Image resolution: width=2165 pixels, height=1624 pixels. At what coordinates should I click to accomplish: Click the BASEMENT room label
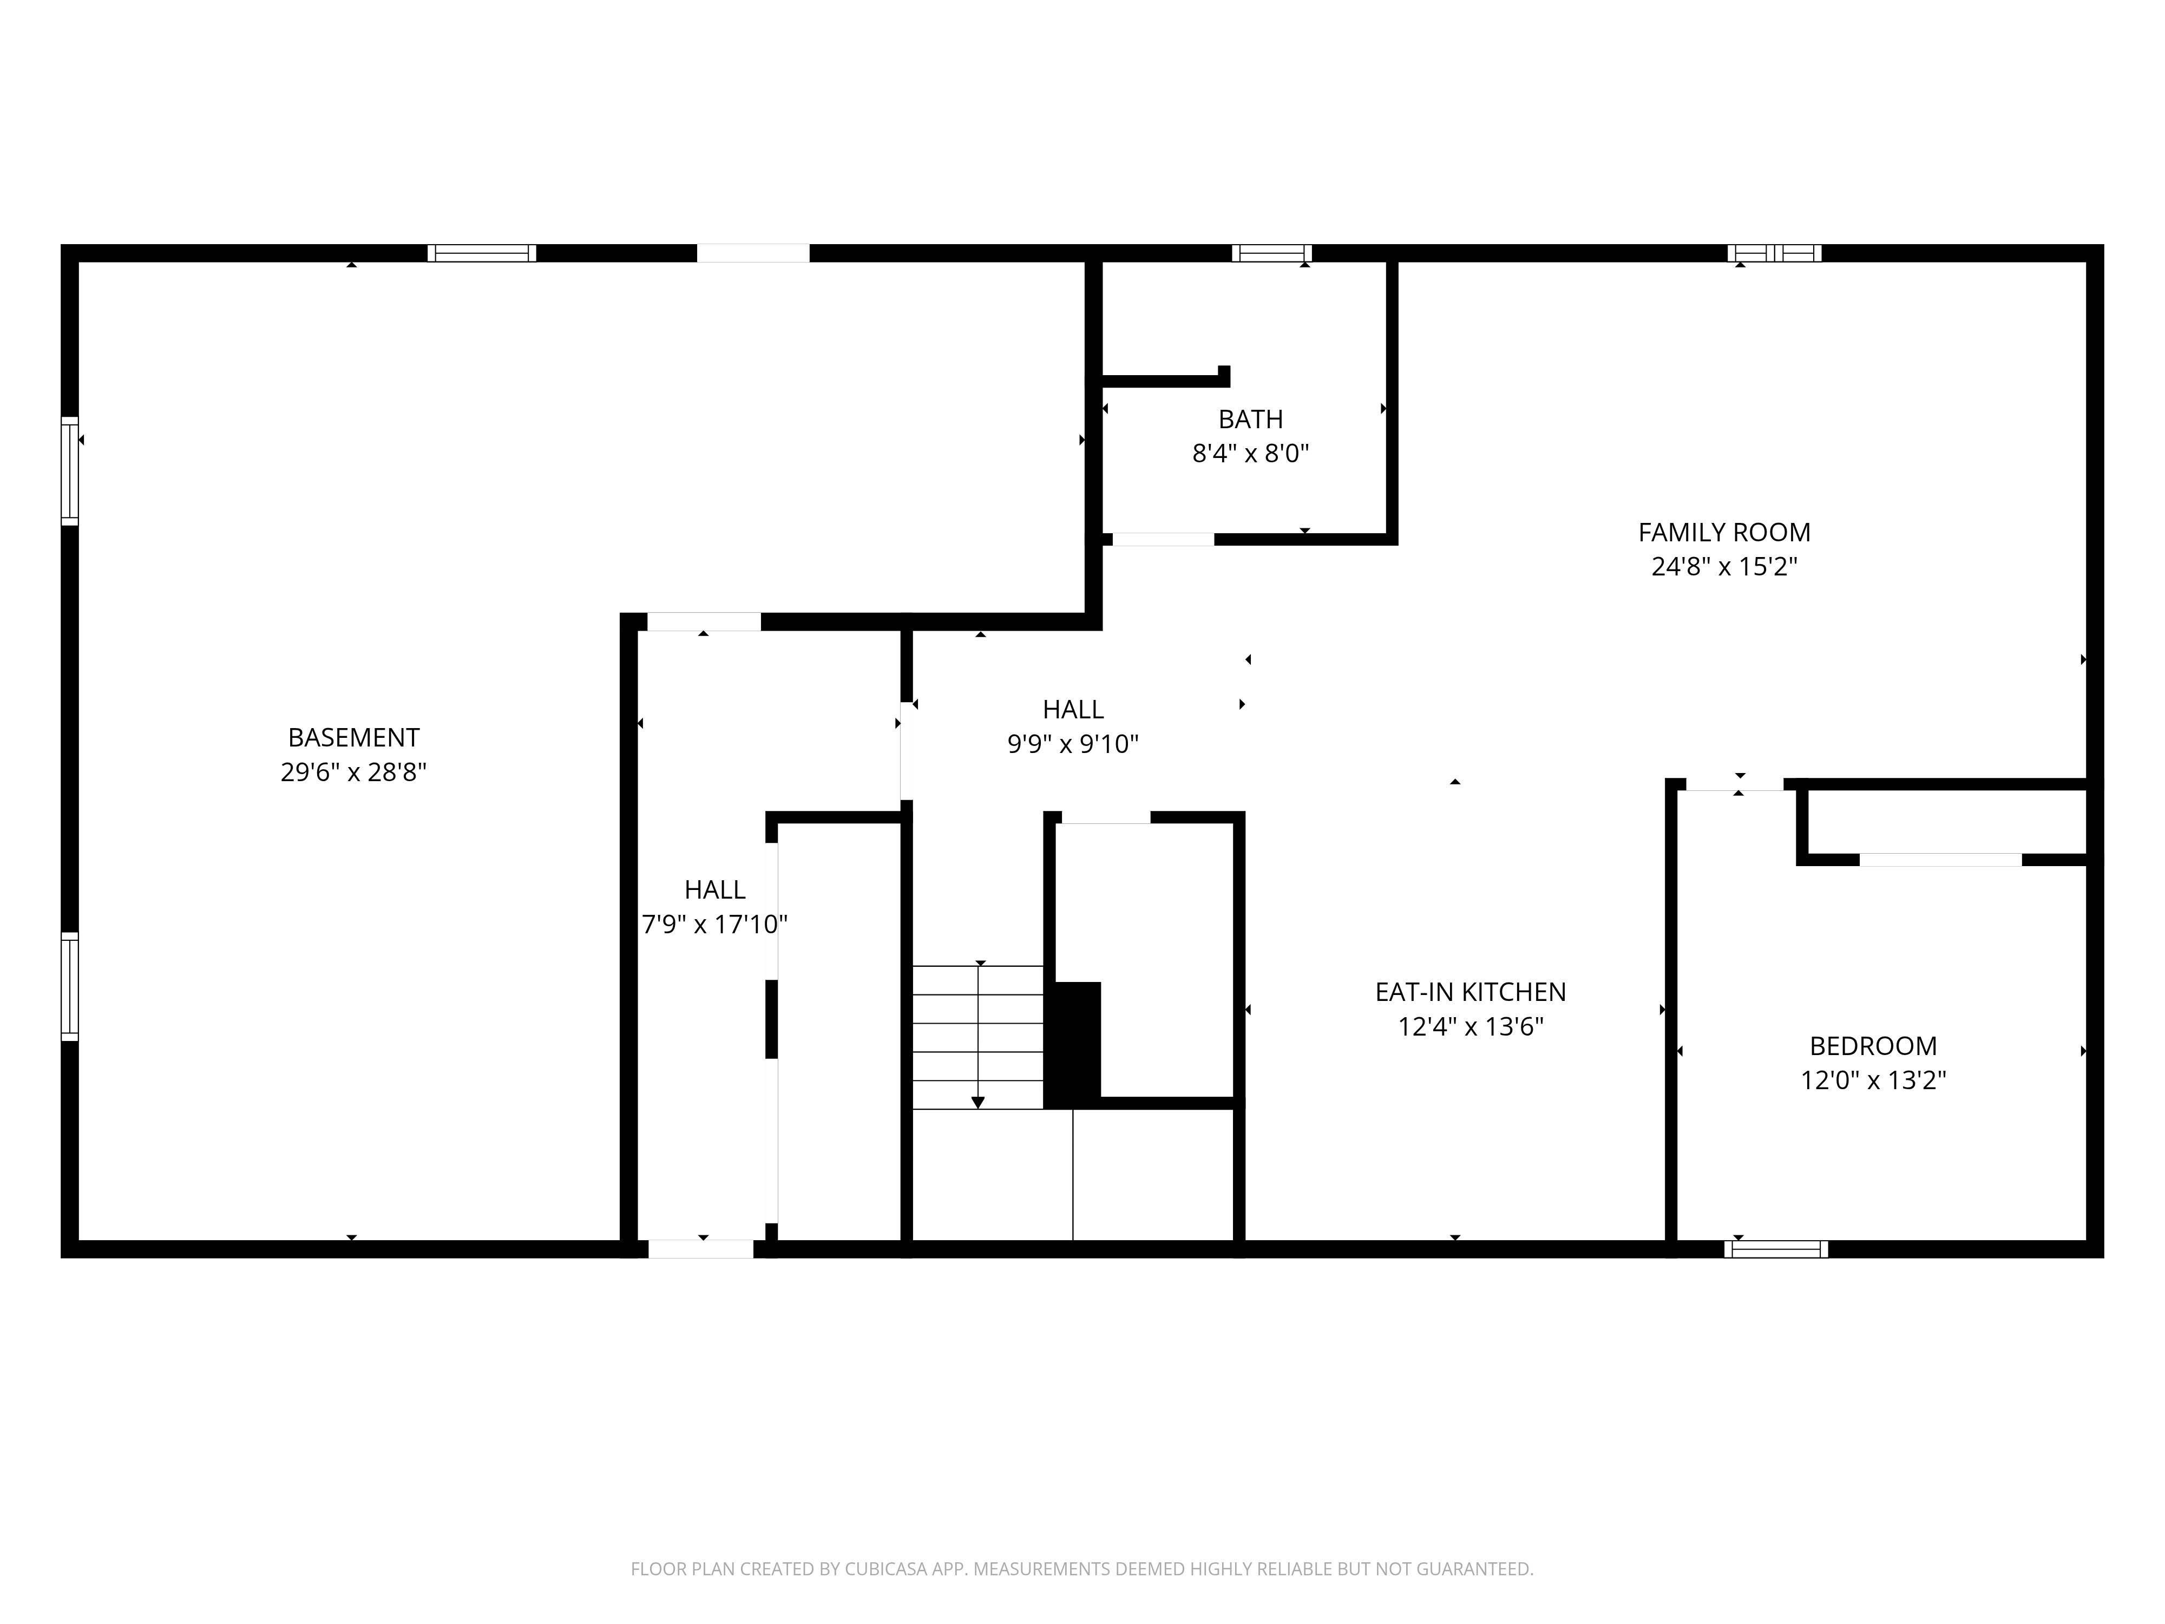click(353, 737)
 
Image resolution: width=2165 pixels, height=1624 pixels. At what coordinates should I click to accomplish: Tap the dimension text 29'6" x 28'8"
click(353, 772)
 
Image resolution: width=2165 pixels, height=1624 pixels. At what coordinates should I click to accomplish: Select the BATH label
click(1250, 419)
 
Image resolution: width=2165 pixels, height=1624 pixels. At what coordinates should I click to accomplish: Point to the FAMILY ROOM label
click(1723, 533)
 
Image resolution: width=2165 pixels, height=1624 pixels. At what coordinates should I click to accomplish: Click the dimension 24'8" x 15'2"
click(1723, 567)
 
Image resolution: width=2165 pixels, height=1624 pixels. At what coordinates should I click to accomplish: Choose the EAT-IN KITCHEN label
click(1470, 992)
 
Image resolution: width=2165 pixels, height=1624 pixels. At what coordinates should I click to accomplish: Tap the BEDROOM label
click(1872, 1045)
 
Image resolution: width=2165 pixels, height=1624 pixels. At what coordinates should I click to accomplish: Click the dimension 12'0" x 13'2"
click(1872, 1081)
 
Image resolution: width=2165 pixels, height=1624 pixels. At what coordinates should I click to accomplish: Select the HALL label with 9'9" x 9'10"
click(1073, 709)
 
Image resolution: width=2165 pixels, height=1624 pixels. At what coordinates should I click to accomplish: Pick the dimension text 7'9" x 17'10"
click(714, 924)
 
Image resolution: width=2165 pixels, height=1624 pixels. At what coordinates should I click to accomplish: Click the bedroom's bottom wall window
click(1775, 1249)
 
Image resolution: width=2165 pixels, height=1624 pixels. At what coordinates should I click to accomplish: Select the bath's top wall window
click(1271, 253)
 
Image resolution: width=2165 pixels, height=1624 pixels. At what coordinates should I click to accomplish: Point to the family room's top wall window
click(1774, 253)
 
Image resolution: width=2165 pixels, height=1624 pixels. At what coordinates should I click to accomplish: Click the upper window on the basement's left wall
click(69, 471)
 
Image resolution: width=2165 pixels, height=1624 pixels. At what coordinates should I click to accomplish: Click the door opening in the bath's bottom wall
click(1163, 539)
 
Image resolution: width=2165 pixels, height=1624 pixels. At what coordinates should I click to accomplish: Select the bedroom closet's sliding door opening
click(1940, 860)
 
